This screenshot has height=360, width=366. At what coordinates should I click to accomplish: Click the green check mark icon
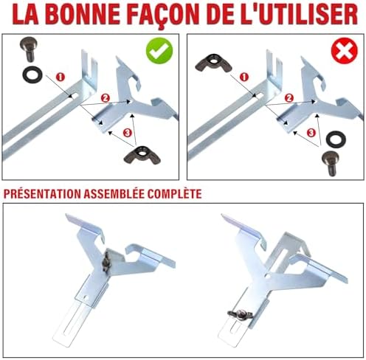(x=159, y=51)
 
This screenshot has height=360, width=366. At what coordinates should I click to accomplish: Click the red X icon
(x=345, y=51)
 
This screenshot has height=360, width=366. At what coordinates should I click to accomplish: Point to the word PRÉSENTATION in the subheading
(x=42, y=194)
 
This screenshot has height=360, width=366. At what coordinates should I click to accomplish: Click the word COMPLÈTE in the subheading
(x=174, y=194)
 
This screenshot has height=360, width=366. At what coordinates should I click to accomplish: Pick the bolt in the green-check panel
(x=28, y=49)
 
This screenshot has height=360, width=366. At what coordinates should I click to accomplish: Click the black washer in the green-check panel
(x=32, y=75)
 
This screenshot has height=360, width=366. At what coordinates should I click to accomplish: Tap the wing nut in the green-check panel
(x=142, y=155)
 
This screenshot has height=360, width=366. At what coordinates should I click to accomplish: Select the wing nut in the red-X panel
(x=213, y=63)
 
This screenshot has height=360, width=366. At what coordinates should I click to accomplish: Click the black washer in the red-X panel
(x=336, y=139)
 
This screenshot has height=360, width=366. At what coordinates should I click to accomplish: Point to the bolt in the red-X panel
(x=331, y=163)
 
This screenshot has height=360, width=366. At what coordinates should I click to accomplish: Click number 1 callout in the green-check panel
(x=61, y=77)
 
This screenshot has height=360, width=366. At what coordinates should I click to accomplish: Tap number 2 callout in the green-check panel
(x=106, y=98)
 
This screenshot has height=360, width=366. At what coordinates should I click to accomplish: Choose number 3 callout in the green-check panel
(x=127, y=133)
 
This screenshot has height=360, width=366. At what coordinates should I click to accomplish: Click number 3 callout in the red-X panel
(x=311, y=133)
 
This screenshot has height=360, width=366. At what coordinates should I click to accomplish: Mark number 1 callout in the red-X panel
(x=244, y=77)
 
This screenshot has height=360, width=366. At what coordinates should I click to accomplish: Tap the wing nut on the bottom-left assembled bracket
(x=106, y=263)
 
